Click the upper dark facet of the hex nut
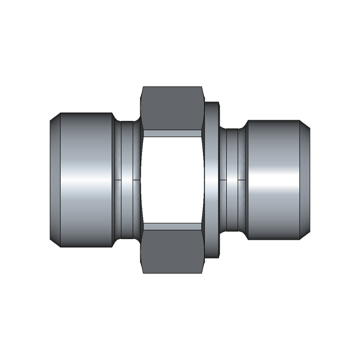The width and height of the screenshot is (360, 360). coord(172,108)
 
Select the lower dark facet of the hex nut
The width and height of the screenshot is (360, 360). coord(172,252)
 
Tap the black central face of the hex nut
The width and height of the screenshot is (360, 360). coord(172,180)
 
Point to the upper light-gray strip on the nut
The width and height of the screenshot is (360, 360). coord(172,133)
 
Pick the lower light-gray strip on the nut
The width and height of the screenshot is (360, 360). coord(172,226)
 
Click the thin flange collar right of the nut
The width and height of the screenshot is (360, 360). coord(212,180)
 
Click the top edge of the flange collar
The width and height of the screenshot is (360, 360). coord(212,102)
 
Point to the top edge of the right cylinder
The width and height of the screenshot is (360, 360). coord(273,120)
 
